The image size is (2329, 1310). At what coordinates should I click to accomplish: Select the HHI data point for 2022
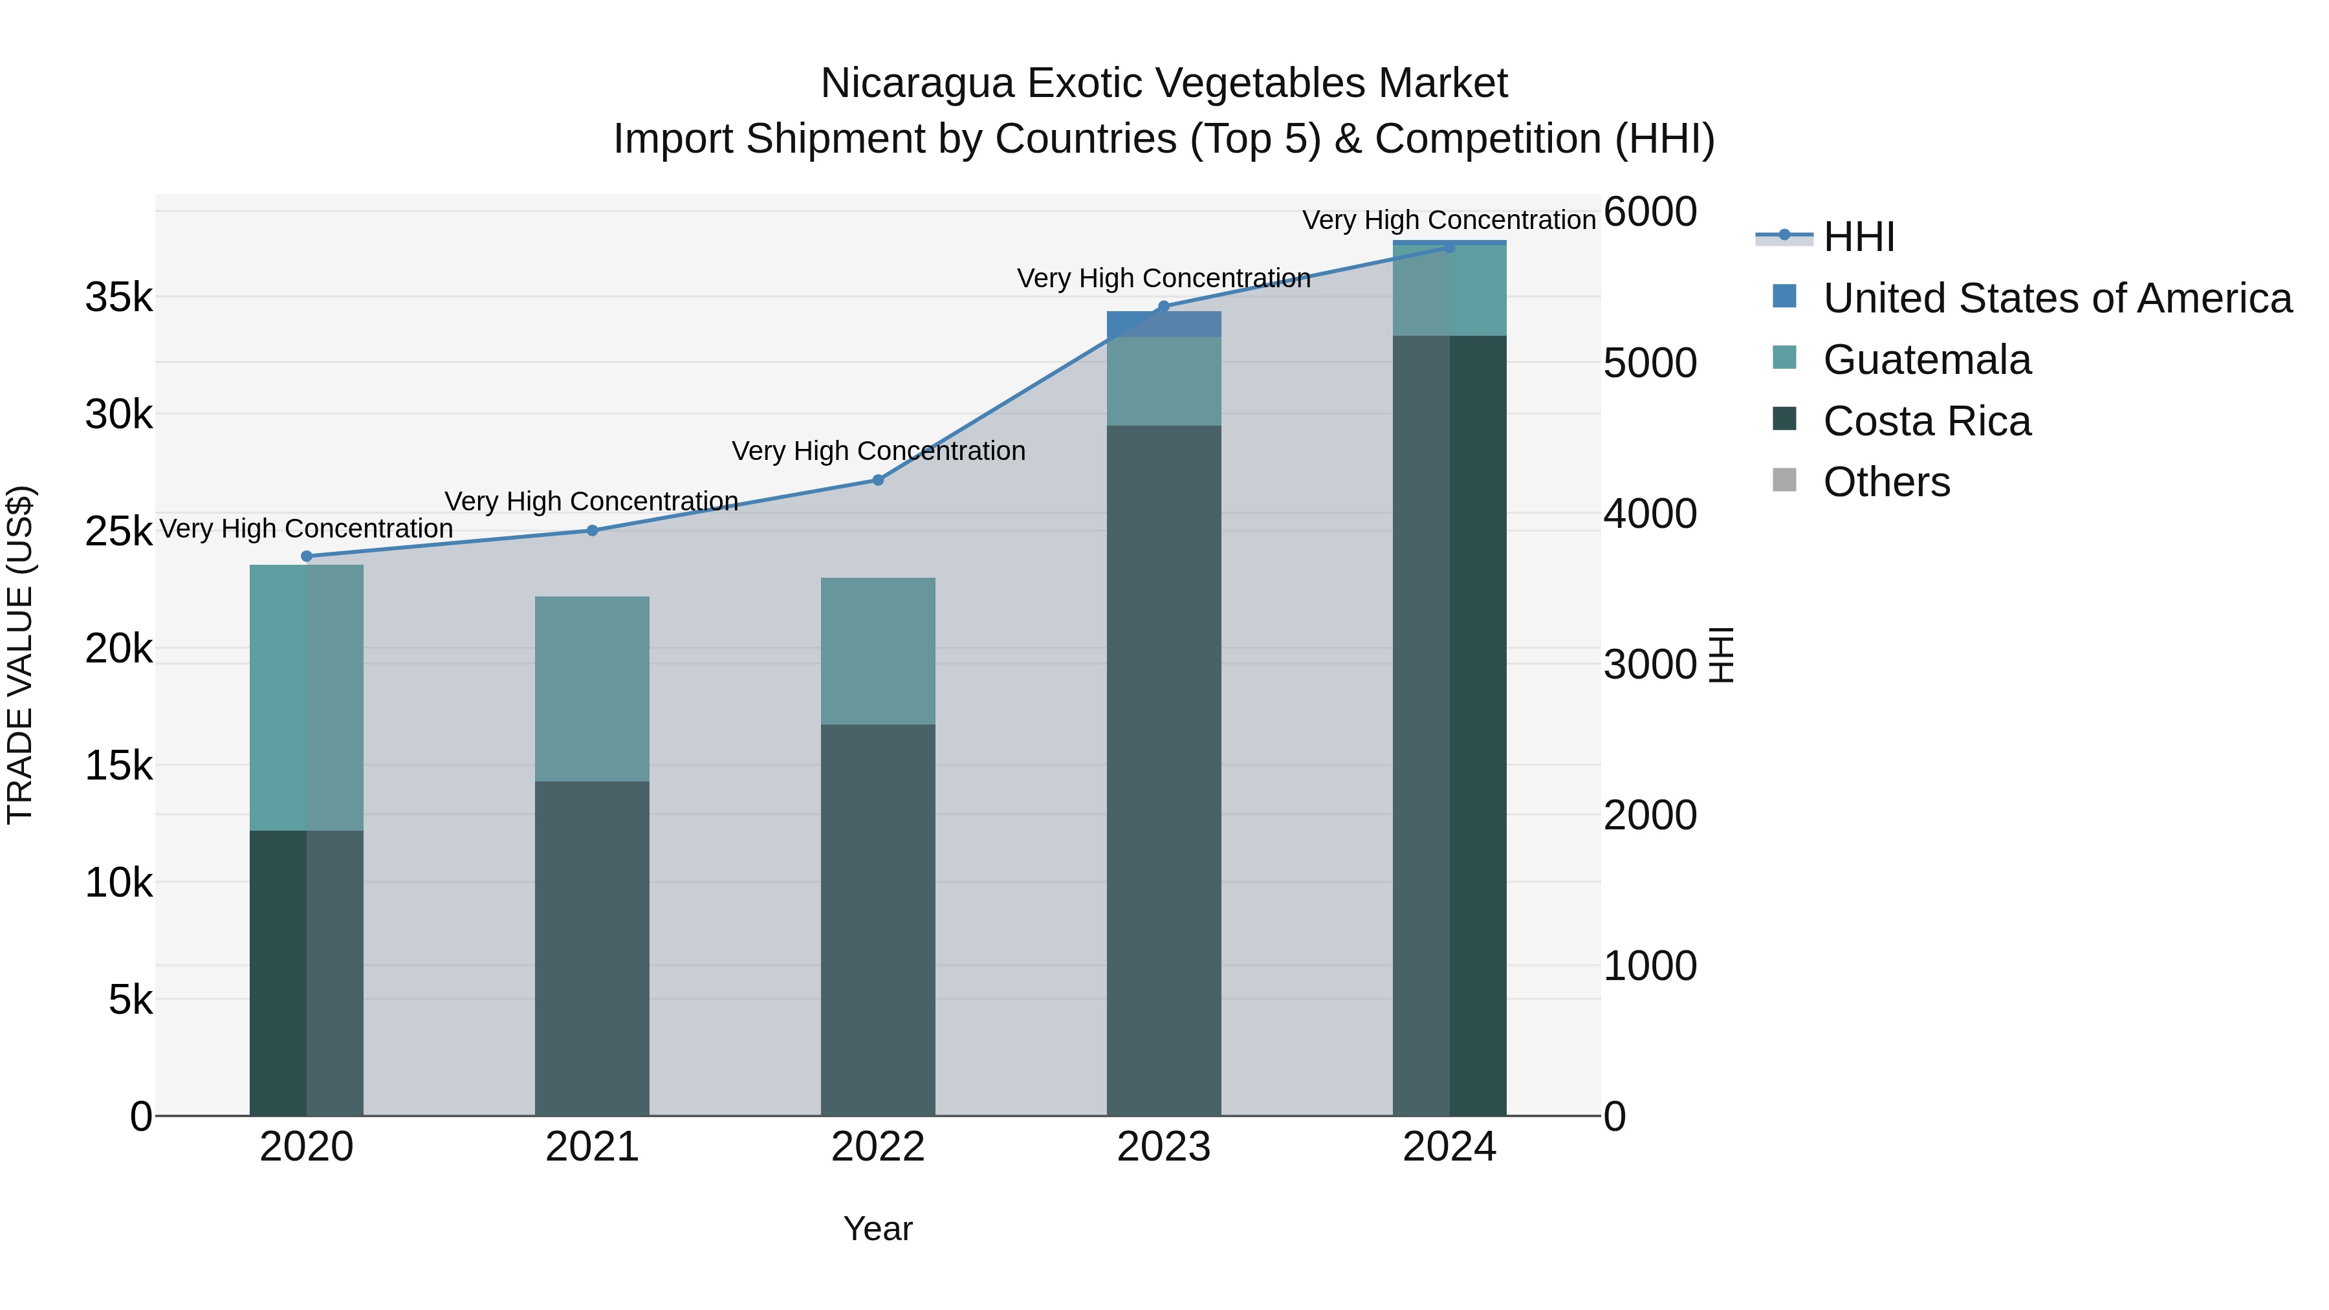[878, 480]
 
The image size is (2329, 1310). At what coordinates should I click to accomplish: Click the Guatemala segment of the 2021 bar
[592, 689]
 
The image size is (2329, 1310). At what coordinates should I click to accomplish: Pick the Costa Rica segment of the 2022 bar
[878, 919]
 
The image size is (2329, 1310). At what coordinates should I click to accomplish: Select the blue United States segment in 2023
[1164, 323]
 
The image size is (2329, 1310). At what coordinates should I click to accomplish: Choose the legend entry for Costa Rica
[1927, 421]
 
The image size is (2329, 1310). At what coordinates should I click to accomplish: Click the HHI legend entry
[1858, 237]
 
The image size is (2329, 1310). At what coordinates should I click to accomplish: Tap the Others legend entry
[1886, 483]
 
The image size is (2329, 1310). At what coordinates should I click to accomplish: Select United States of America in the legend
[2057, 298]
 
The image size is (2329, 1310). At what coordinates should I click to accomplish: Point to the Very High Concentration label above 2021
[591, 501]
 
